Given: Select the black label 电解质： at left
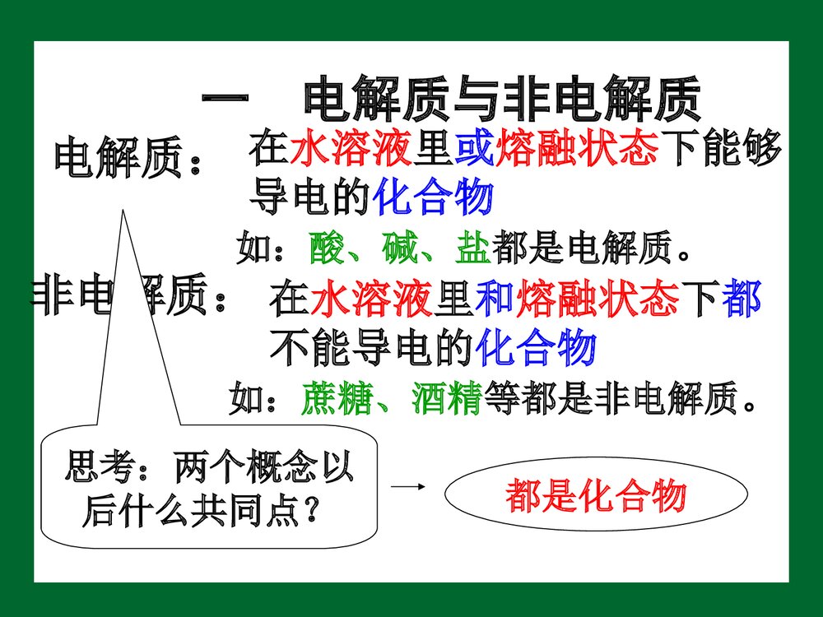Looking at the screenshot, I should pyautogui.click(x=128, y=159).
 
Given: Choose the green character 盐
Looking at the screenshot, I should pyautogui.click(x=472, y=248).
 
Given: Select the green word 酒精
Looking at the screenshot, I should pyautogui.click(x=440, y=400).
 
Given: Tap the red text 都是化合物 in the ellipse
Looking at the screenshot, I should pyautogui.click(x=595, y=497).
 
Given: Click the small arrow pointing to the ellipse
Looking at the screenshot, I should pyautogui.click(x=409, y=487).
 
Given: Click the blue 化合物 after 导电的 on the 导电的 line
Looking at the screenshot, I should pyautogui.click(x=433, y=197).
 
